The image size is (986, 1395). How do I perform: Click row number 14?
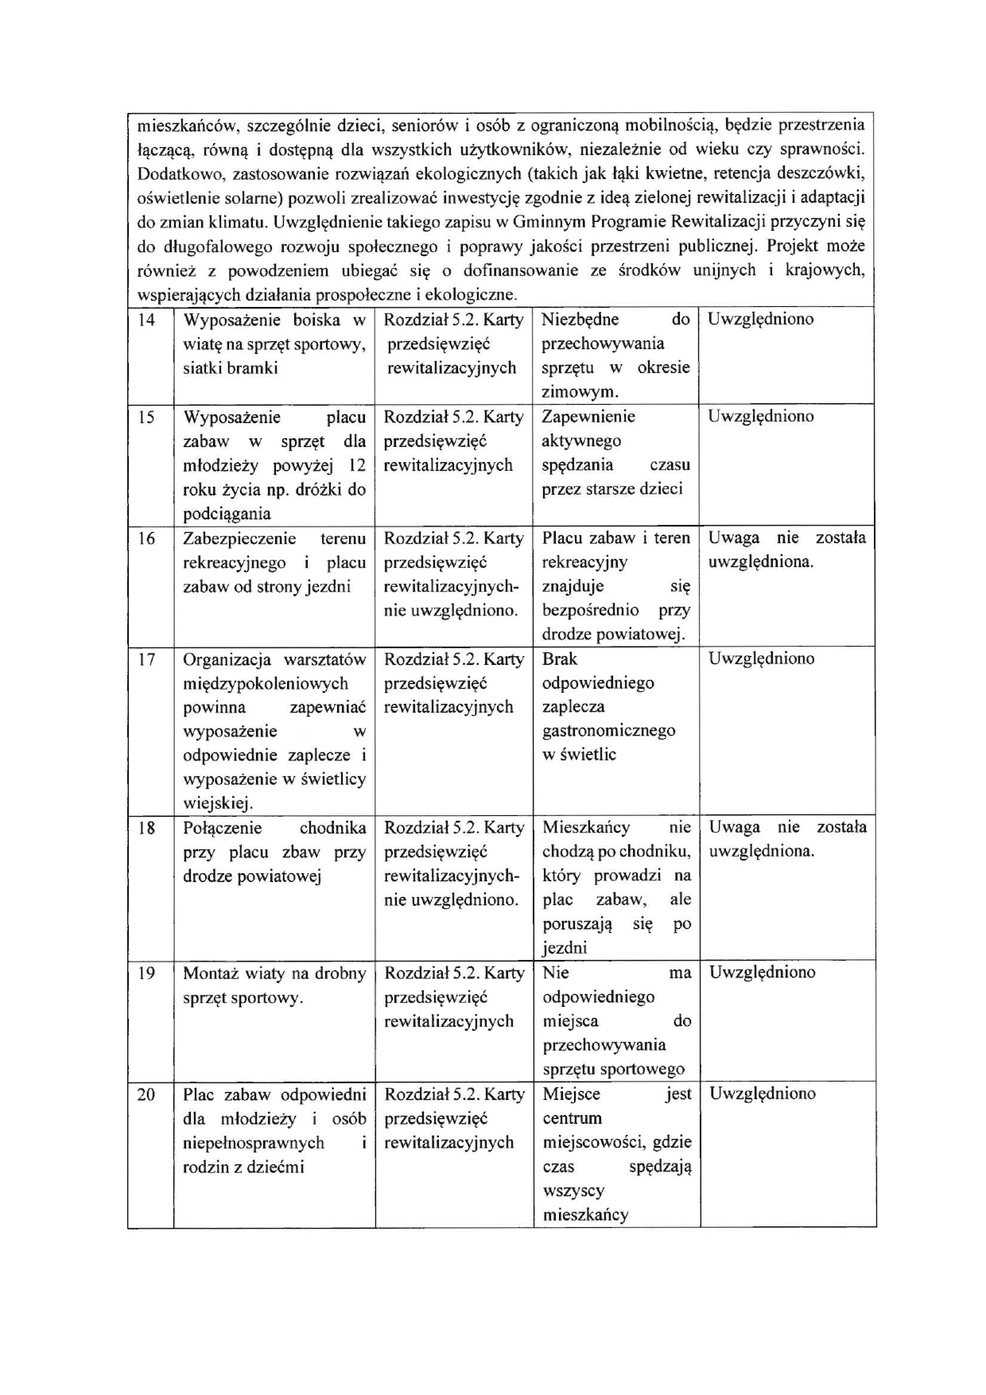[x=147, y=321]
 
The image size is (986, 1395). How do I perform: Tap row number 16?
[x=147, y=538]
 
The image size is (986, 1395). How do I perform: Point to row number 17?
[x=147, y=659]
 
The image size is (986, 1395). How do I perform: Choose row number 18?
[x=147, y=828]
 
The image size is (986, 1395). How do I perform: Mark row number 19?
[x=147, y=973]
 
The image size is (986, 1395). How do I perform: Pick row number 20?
[x=147, y=1094]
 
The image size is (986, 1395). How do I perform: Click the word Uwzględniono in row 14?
[x=760, y=320]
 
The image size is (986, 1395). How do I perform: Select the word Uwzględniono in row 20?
[x=762, y=1094]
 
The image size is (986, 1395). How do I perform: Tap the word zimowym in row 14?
[x=579, y=392]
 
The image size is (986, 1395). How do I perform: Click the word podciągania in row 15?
[x=227, y=514]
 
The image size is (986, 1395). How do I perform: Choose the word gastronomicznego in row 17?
[x=608, y=731]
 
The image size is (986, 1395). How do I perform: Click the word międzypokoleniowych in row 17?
[x=265, y=683]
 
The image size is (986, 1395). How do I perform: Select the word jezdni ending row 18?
[x=565, y=948]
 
